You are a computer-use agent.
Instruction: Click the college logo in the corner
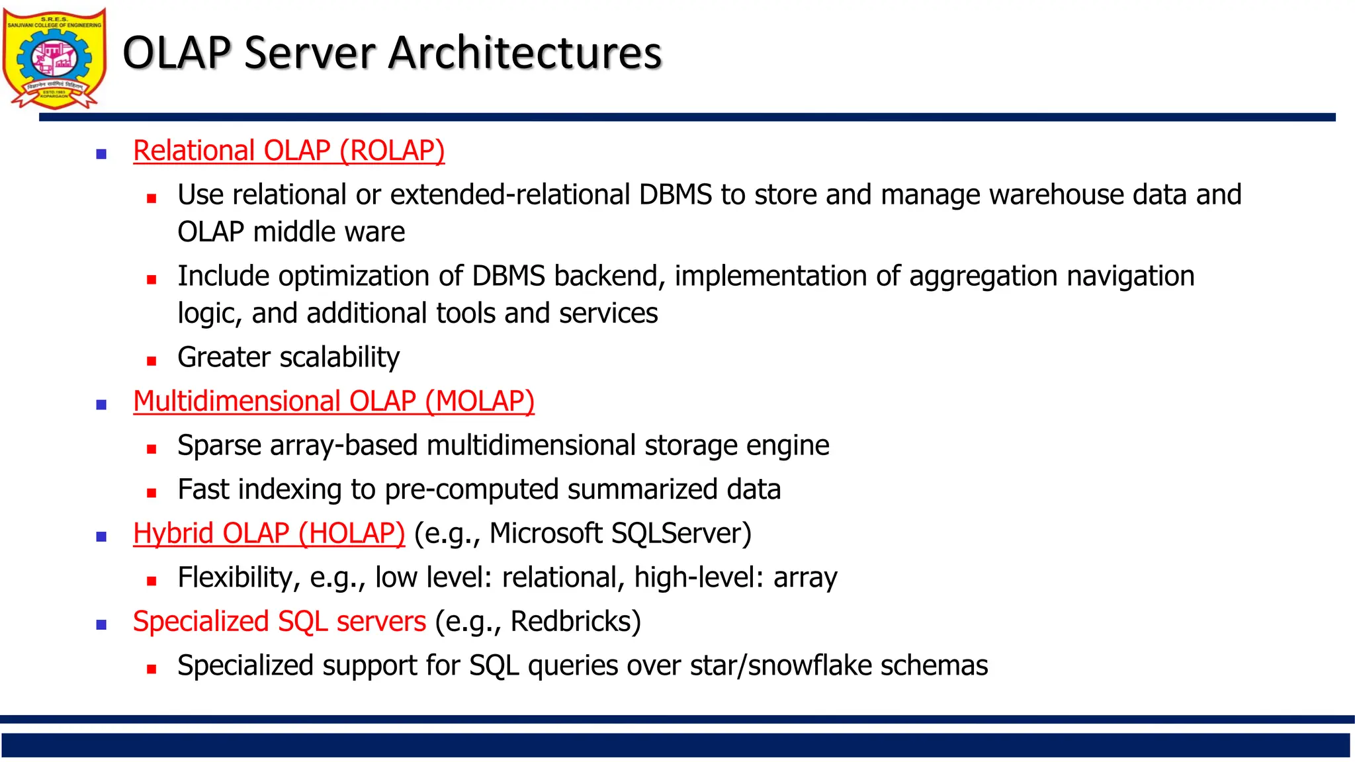pos(54,58)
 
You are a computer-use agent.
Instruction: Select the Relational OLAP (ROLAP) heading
pos(288,151)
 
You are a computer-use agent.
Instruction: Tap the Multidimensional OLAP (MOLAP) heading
pos(333,402)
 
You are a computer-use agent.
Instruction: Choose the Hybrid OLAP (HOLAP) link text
pos(269,534)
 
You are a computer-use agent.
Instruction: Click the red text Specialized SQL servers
pos(279,622)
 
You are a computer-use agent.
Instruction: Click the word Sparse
pos(219,446)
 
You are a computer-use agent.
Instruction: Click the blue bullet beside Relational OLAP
pos(101,154)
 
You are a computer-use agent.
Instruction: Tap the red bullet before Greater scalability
pos(152,361)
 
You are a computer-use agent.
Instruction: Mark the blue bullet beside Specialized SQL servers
pos(101,624)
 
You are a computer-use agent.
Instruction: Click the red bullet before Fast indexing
pos(152,493)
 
